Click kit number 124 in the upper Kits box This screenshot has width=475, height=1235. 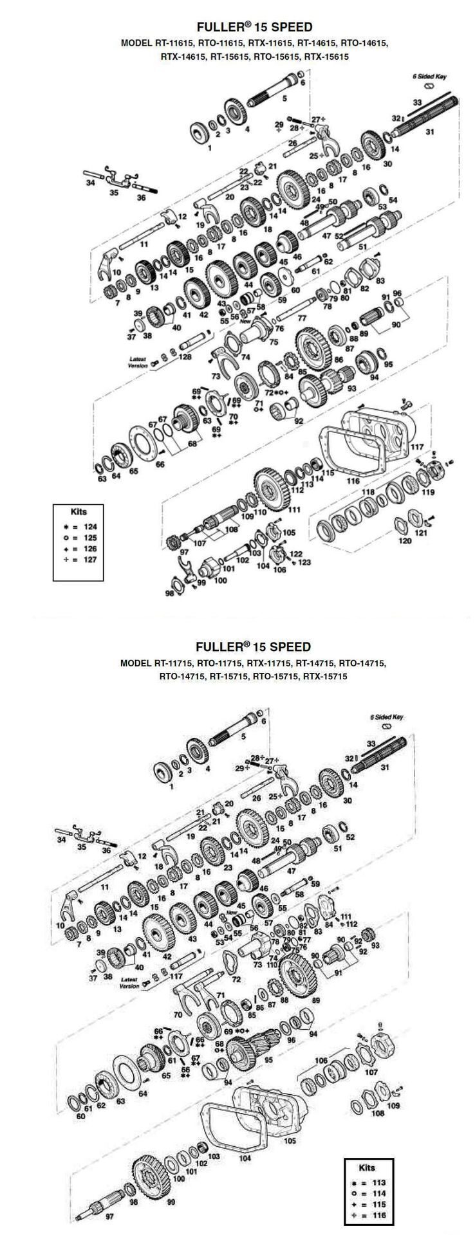[90, 526]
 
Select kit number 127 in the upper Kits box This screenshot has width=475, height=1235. [90, 560]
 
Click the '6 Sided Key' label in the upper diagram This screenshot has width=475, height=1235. [430, 77]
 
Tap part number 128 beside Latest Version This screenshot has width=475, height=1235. [185, 356]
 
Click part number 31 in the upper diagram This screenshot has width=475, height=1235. [430, 132]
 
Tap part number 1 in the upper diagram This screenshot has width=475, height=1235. [209, 147]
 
